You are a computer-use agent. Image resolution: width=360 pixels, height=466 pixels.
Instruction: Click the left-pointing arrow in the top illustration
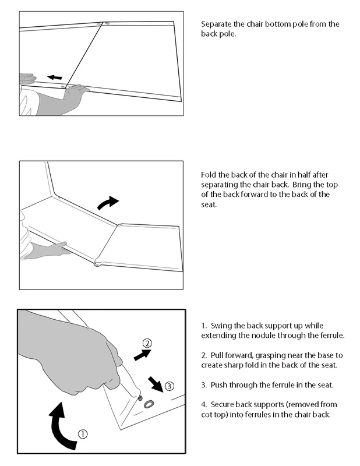point(55,77)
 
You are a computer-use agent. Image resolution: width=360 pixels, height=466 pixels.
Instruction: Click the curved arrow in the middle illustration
point(107,203)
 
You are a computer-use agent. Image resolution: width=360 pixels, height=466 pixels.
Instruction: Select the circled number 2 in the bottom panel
point(147,344)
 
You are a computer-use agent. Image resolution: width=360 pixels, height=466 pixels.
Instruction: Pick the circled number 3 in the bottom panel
point(169,386)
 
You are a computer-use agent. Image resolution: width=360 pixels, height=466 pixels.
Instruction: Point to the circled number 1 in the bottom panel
point(83,434)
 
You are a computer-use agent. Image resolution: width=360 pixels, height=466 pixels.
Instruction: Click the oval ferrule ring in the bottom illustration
point(149,404)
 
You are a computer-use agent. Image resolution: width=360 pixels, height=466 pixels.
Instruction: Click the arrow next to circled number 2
point(142,355)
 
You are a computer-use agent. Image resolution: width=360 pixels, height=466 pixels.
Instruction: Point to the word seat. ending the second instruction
point(209,204)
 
